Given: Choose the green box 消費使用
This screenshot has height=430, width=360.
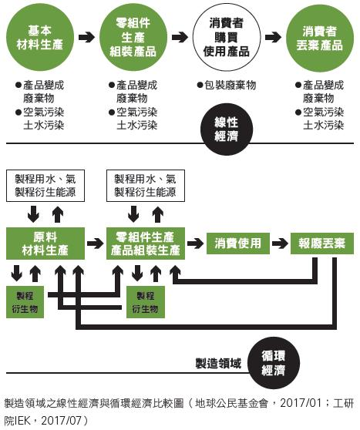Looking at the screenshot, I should [x=238, y=244].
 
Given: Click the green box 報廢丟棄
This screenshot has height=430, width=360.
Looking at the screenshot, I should [x=322, y=244].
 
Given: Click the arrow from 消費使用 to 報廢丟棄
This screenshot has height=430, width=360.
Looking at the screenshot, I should [x=279, y=244].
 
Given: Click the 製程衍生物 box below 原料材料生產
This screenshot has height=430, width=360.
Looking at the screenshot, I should [x=27, y=301].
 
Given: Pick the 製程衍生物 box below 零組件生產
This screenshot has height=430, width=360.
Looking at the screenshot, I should [x=144, y=301].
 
